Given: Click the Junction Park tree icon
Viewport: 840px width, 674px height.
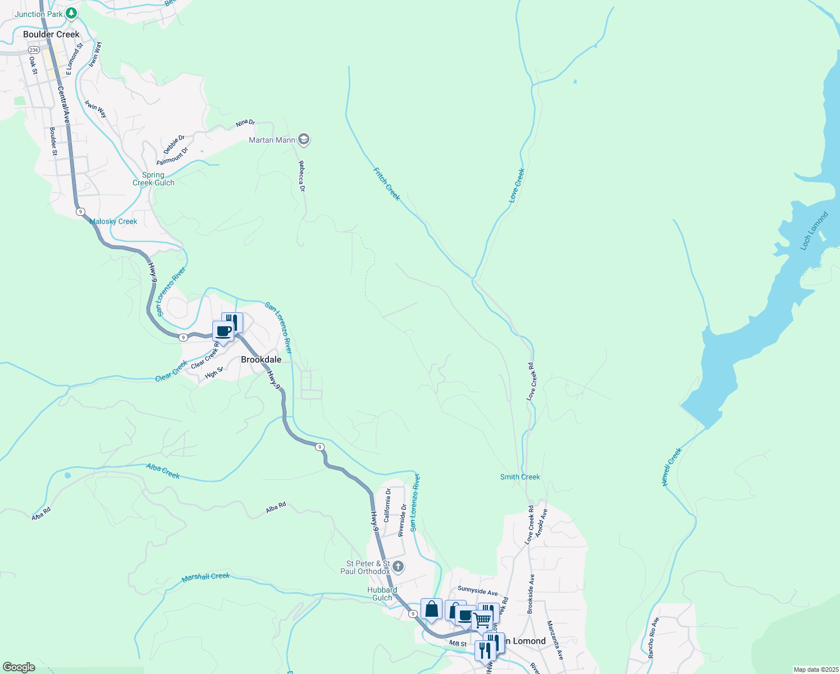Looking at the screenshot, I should (71, 13).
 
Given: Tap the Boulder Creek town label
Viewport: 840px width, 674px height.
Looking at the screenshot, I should (51, 34).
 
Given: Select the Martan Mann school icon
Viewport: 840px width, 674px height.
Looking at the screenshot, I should (304, 140).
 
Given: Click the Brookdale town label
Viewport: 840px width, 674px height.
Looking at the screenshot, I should (261, 359).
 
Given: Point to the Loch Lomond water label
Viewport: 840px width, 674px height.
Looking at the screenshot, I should (814, 231).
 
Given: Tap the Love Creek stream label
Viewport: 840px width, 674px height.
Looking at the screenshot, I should (517, 185).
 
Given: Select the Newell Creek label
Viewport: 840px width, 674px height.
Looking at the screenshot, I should (672, 467).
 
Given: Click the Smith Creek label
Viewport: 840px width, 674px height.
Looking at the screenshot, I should (520, 477).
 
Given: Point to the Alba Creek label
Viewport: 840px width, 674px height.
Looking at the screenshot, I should (163, 471).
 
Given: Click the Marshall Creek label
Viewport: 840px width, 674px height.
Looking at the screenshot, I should (206, 577).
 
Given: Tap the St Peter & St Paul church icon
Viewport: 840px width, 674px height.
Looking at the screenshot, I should (398, 566).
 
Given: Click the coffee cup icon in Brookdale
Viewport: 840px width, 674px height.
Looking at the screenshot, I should (223, 331).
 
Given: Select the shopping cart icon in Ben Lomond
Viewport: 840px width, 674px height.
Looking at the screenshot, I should (482, 621).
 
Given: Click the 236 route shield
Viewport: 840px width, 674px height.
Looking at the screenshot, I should (34, 50).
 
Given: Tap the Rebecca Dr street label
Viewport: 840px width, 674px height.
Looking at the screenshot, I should (302, 176).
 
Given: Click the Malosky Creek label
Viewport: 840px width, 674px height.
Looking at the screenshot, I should (113, 221).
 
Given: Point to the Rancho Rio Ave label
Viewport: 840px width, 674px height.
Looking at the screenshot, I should (654, 638).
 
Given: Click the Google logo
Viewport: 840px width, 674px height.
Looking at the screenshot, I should (19, 667).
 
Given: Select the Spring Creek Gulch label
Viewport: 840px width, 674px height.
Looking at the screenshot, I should (153, 179).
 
